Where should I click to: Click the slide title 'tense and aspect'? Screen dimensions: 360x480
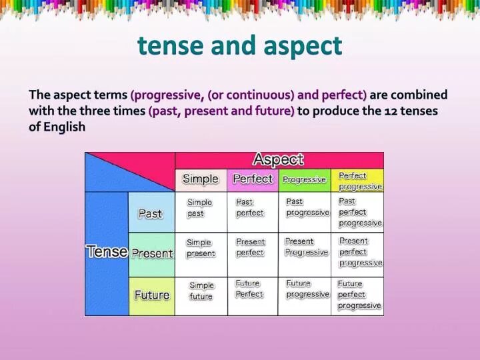pos(240,46)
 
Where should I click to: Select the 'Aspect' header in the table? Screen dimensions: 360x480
pos(278,160)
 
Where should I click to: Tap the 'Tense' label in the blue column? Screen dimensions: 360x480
pos(107,251)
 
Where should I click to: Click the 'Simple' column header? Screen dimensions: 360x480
pos(201,179)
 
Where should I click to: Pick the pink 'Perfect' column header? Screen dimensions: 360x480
pos(253,179)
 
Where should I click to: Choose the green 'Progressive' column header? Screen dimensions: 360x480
pos(304,179)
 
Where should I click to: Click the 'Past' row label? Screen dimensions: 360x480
pos(150,214)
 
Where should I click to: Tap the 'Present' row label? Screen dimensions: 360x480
pos(152,254)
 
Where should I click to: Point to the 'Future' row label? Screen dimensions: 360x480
pos(152,295)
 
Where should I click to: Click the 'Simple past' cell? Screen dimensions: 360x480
pos(199,208)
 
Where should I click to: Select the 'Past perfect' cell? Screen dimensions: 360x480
pos(250,207)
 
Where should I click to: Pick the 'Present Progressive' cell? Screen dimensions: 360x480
pos(306,247)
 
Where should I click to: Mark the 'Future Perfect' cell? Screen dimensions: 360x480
pos(249,289)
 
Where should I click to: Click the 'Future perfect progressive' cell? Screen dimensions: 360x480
pos(359,295)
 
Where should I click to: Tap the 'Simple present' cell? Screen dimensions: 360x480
pos(201,248)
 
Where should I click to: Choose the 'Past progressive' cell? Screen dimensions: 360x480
pos(307,207)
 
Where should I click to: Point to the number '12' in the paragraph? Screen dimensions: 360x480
pos(391,111)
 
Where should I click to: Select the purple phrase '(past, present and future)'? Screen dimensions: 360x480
pos(221,111)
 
